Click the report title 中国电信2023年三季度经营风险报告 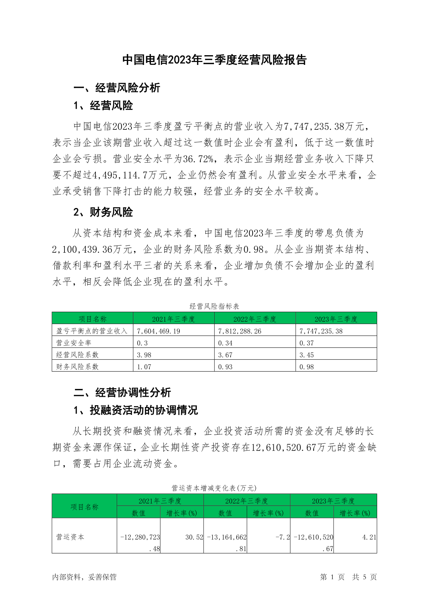214,60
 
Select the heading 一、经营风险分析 117,88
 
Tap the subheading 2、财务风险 103,212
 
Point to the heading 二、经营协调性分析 122,392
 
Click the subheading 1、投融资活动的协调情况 135,410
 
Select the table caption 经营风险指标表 214,306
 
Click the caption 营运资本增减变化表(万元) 214,488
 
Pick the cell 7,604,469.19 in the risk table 158,331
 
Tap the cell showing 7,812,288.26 240,331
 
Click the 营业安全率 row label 74,343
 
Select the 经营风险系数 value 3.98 144,355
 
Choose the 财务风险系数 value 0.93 225,367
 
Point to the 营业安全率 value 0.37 307,343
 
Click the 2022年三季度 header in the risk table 255,319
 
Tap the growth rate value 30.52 194,537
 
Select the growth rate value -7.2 283,537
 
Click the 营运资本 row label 70,537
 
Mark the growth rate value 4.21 369,537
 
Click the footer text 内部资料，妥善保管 84,577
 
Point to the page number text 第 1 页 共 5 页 348,577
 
